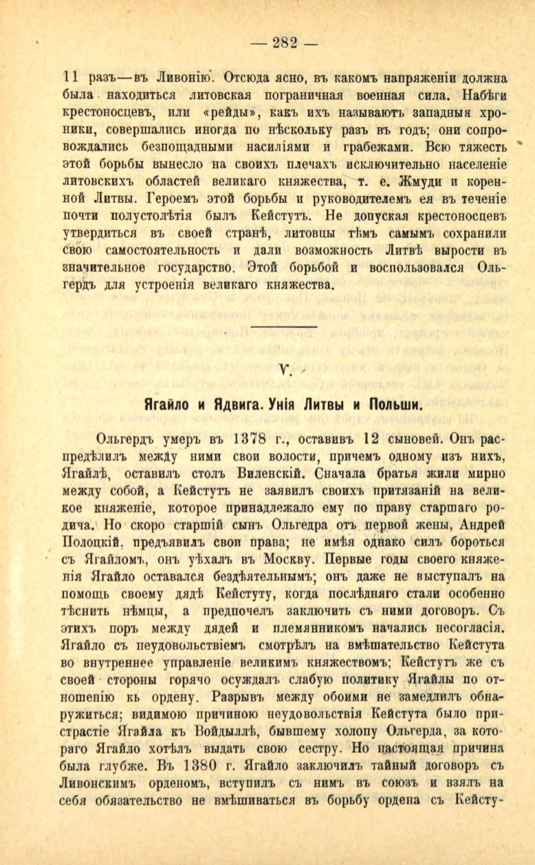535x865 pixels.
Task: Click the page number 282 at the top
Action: tap(283, 43)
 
